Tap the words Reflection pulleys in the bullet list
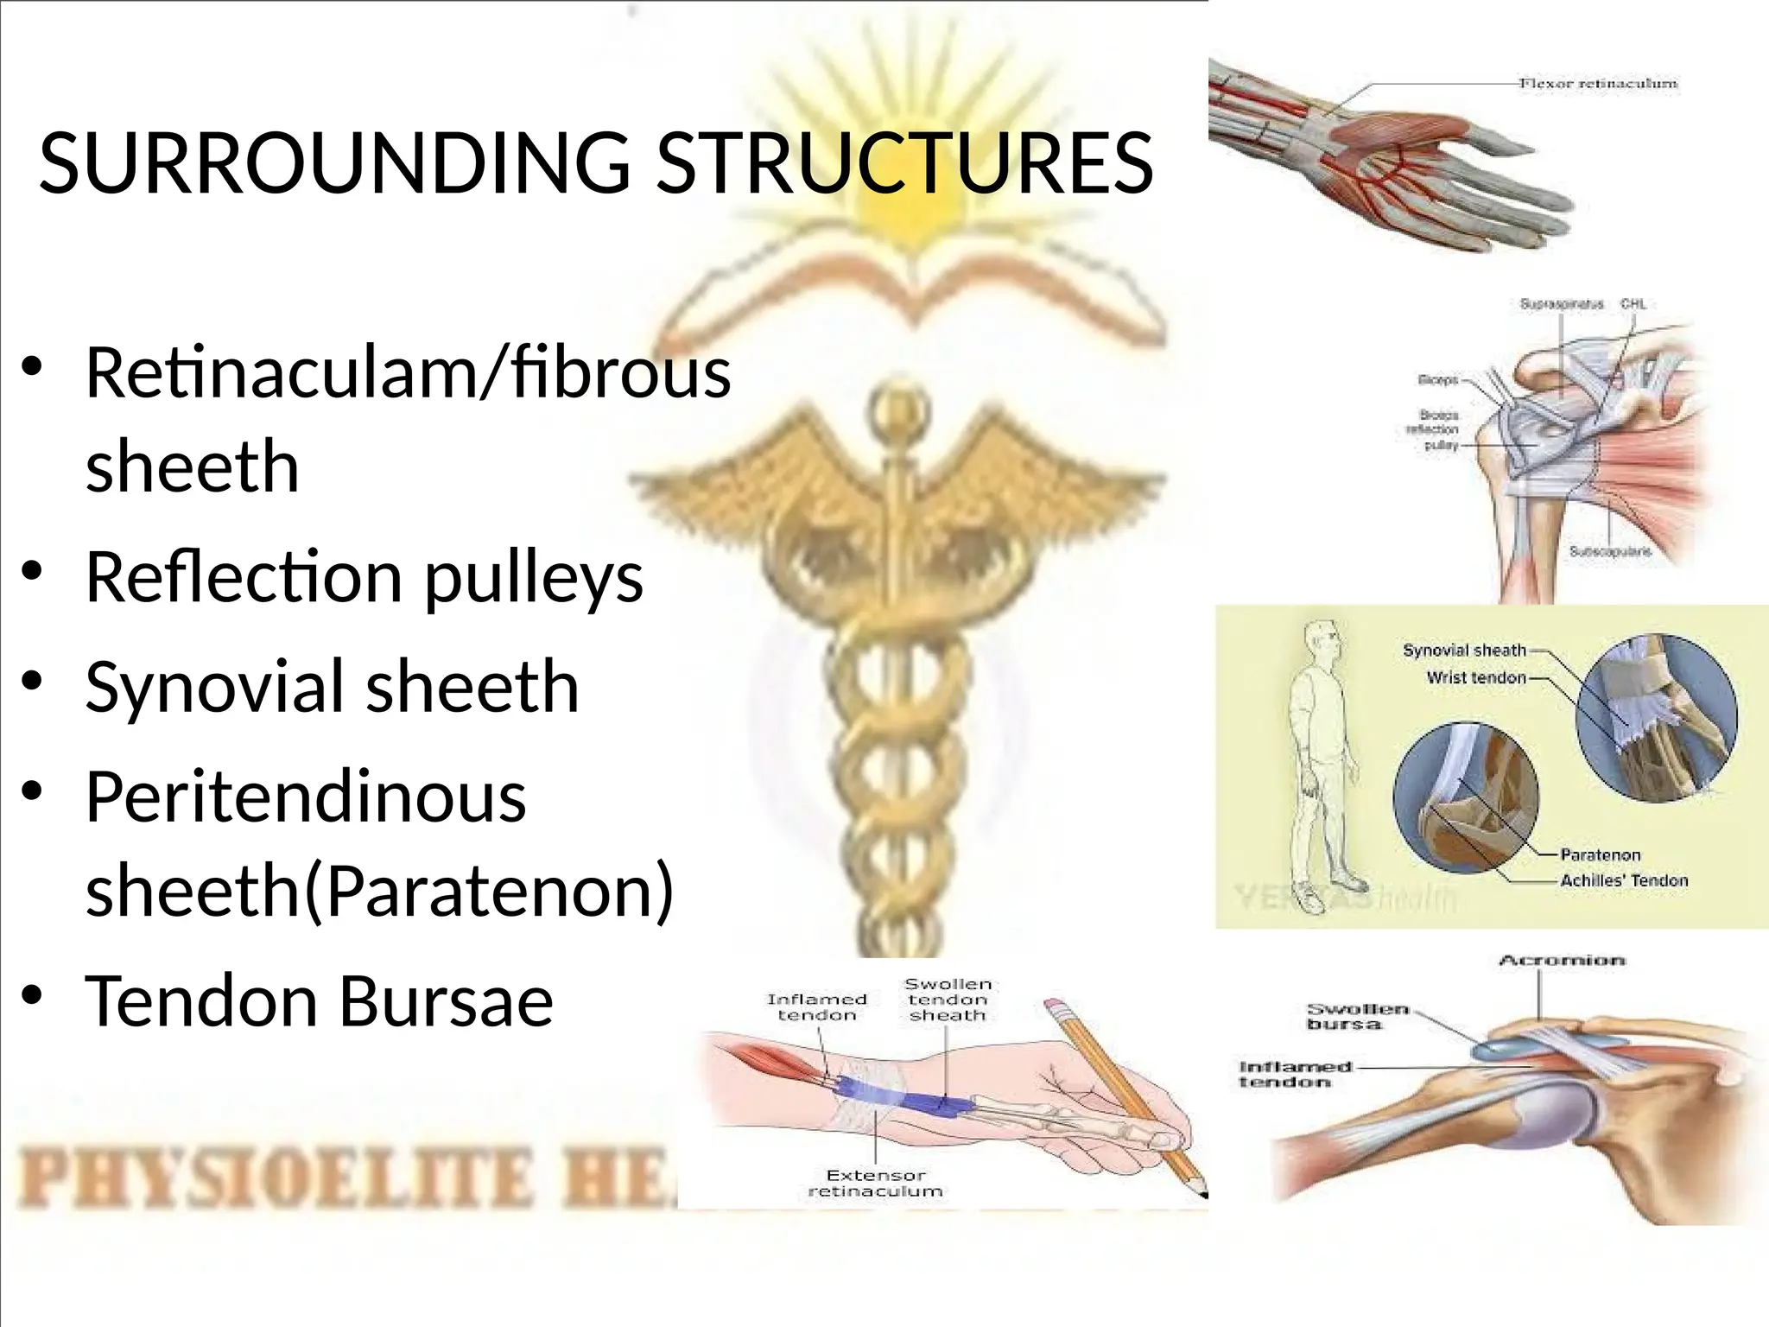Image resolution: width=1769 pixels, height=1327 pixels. click(x=365, y=577)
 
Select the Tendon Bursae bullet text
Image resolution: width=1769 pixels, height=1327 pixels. click(x=319, y=1000)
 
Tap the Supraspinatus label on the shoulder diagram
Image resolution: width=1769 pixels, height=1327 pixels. click(x=1561, y=304)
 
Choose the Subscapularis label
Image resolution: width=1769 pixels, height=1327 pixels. click(x=1610, y=551)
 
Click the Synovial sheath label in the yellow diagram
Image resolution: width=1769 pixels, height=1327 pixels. click(x=1464, y=651)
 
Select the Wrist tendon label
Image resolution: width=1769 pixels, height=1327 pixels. click(x=1476, y=678)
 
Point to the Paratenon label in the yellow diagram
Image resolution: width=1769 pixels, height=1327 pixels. click(x=1600, y=854)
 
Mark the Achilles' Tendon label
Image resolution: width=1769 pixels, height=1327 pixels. click(x=1624, y=880)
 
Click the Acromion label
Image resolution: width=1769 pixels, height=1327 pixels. click(x=1562, y=961)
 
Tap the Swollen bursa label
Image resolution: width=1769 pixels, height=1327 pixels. click(x=1357, y=1016)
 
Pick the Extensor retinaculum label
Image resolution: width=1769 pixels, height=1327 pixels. click(x=875, y=1183)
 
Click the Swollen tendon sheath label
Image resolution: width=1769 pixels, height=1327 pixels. click(x=948, y=1000)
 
